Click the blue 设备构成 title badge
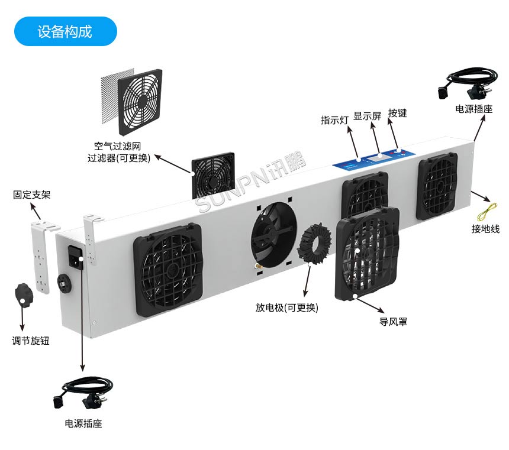point(65,31)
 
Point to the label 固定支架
point(32,195)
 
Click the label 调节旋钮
point(31,341)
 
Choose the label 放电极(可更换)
point(286,308)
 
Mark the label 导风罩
point(393,322)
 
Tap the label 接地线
point(485,229)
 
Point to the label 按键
point(398,113)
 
